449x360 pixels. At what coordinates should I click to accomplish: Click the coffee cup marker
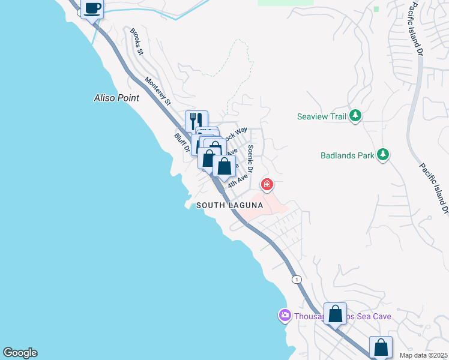92,9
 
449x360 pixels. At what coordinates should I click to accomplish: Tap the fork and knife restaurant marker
196,121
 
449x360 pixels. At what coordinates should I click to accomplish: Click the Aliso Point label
116,98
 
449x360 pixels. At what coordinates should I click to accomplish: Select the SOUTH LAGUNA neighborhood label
230,205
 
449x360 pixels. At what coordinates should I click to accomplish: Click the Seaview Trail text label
322,116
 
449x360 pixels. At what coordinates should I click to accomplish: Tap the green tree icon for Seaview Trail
355,115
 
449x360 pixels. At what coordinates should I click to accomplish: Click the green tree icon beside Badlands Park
382,155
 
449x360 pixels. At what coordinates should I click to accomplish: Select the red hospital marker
267,185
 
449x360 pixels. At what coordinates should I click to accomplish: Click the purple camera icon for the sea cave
285,315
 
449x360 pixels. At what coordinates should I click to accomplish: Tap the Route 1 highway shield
296,279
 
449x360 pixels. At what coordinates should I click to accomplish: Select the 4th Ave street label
238,179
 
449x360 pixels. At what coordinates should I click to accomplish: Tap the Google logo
19,353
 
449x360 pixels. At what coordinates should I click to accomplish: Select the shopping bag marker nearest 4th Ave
224,166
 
